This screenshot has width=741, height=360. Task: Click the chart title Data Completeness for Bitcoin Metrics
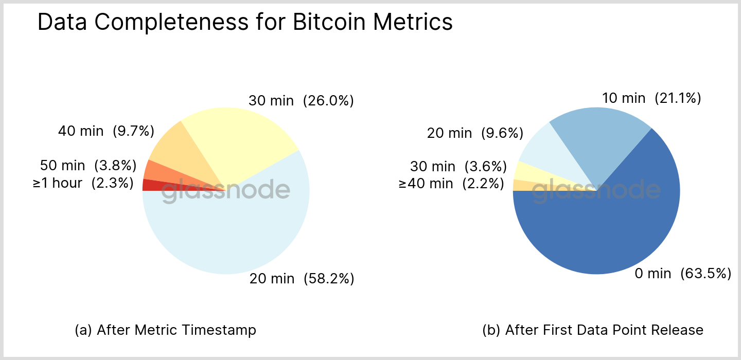tap(245, 23)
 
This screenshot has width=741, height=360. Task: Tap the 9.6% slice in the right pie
tap(540, 149)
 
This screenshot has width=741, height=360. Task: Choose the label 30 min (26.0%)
tap(301, 101)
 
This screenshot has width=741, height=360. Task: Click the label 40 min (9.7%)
tap(106, 131)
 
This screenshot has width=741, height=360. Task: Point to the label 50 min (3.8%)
tap(88, 166)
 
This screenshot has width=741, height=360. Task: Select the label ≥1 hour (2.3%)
tap(83, 183)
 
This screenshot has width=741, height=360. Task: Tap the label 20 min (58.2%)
tap(302, 279)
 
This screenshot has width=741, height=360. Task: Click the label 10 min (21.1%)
tap(651, 98)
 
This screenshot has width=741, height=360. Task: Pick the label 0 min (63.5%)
tap(683, 274)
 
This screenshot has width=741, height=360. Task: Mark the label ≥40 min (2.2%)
tap(451, 184)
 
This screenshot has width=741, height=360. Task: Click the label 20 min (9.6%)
tap(475, 134)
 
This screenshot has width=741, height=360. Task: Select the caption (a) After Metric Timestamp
tap(165, 330)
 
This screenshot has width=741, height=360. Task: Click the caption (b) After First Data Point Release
tap(593, 330)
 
